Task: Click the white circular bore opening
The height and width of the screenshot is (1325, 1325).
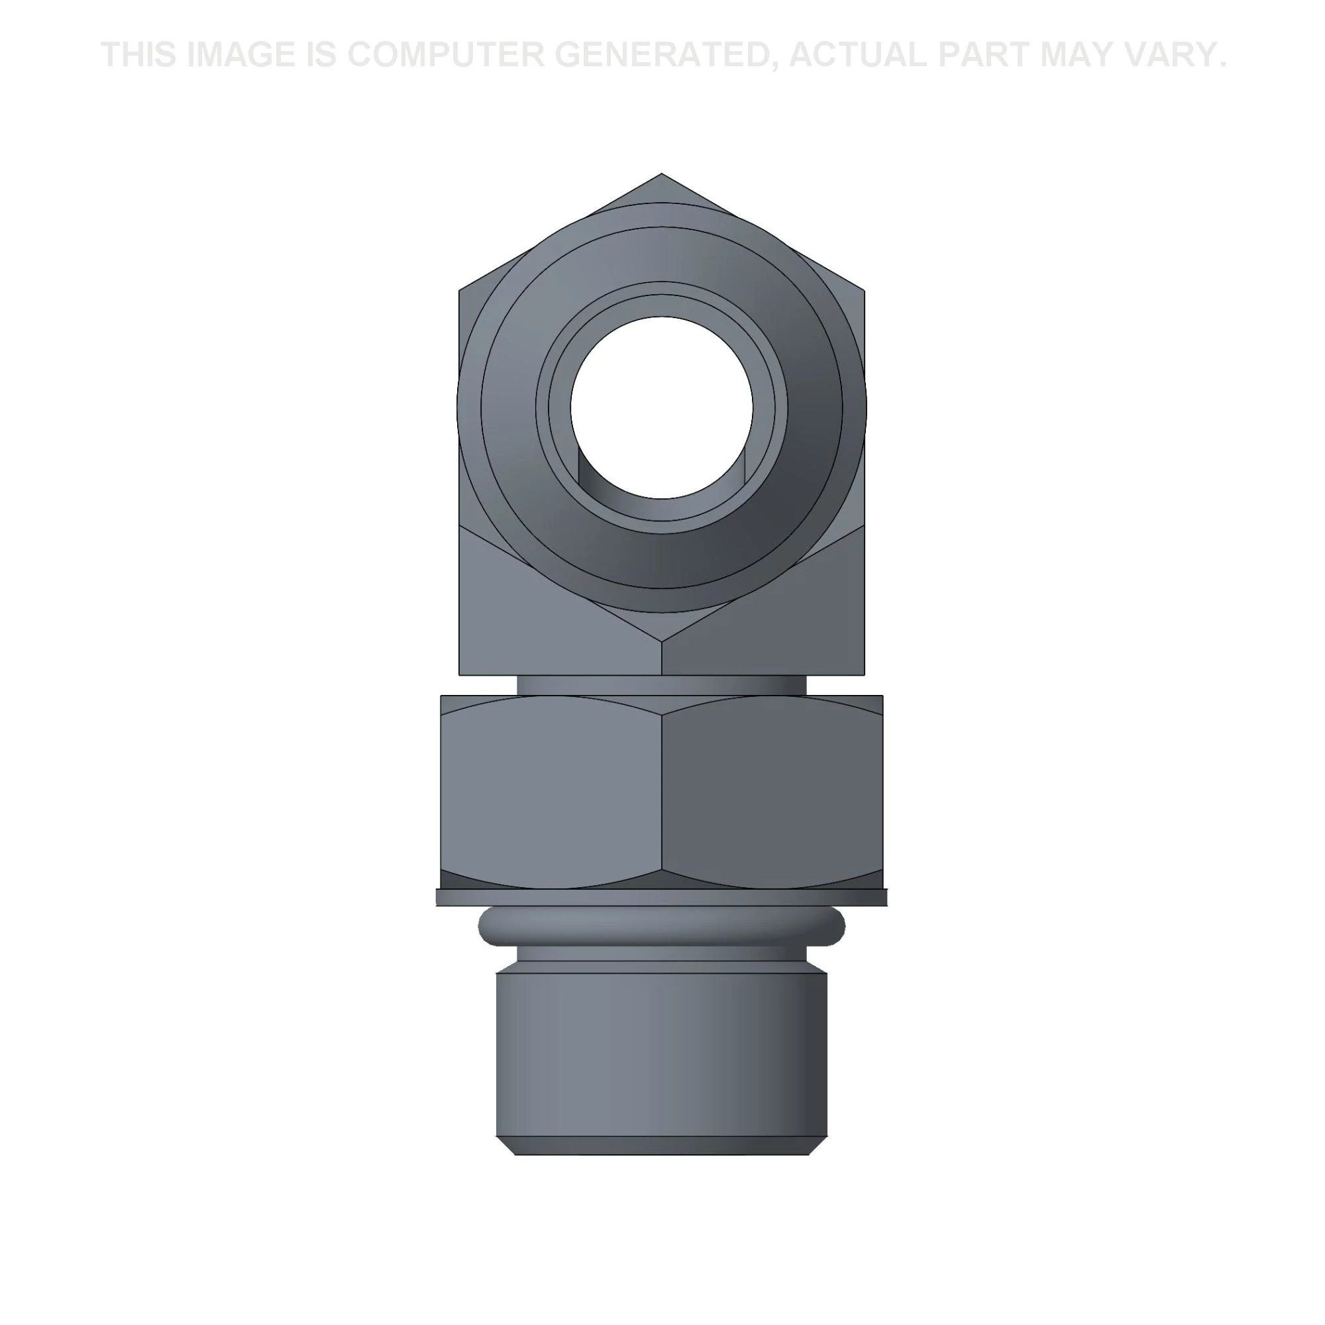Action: [662, 407]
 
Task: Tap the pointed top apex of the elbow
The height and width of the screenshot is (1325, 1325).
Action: [661, 174]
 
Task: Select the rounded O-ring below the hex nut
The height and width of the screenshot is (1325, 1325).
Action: [662, 927]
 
